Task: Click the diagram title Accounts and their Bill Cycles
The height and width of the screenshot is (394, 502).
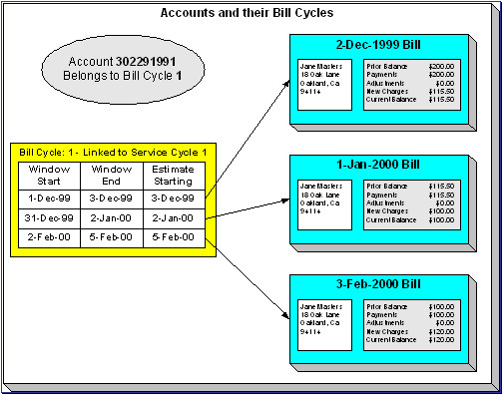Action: point(251,14)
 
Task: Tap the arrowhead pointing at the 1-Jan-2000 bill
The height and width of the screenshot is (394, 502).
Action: point(283,200)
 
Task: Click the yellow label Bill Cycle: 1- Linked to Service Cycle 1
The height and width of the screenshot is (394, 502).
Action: point(112,152)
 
